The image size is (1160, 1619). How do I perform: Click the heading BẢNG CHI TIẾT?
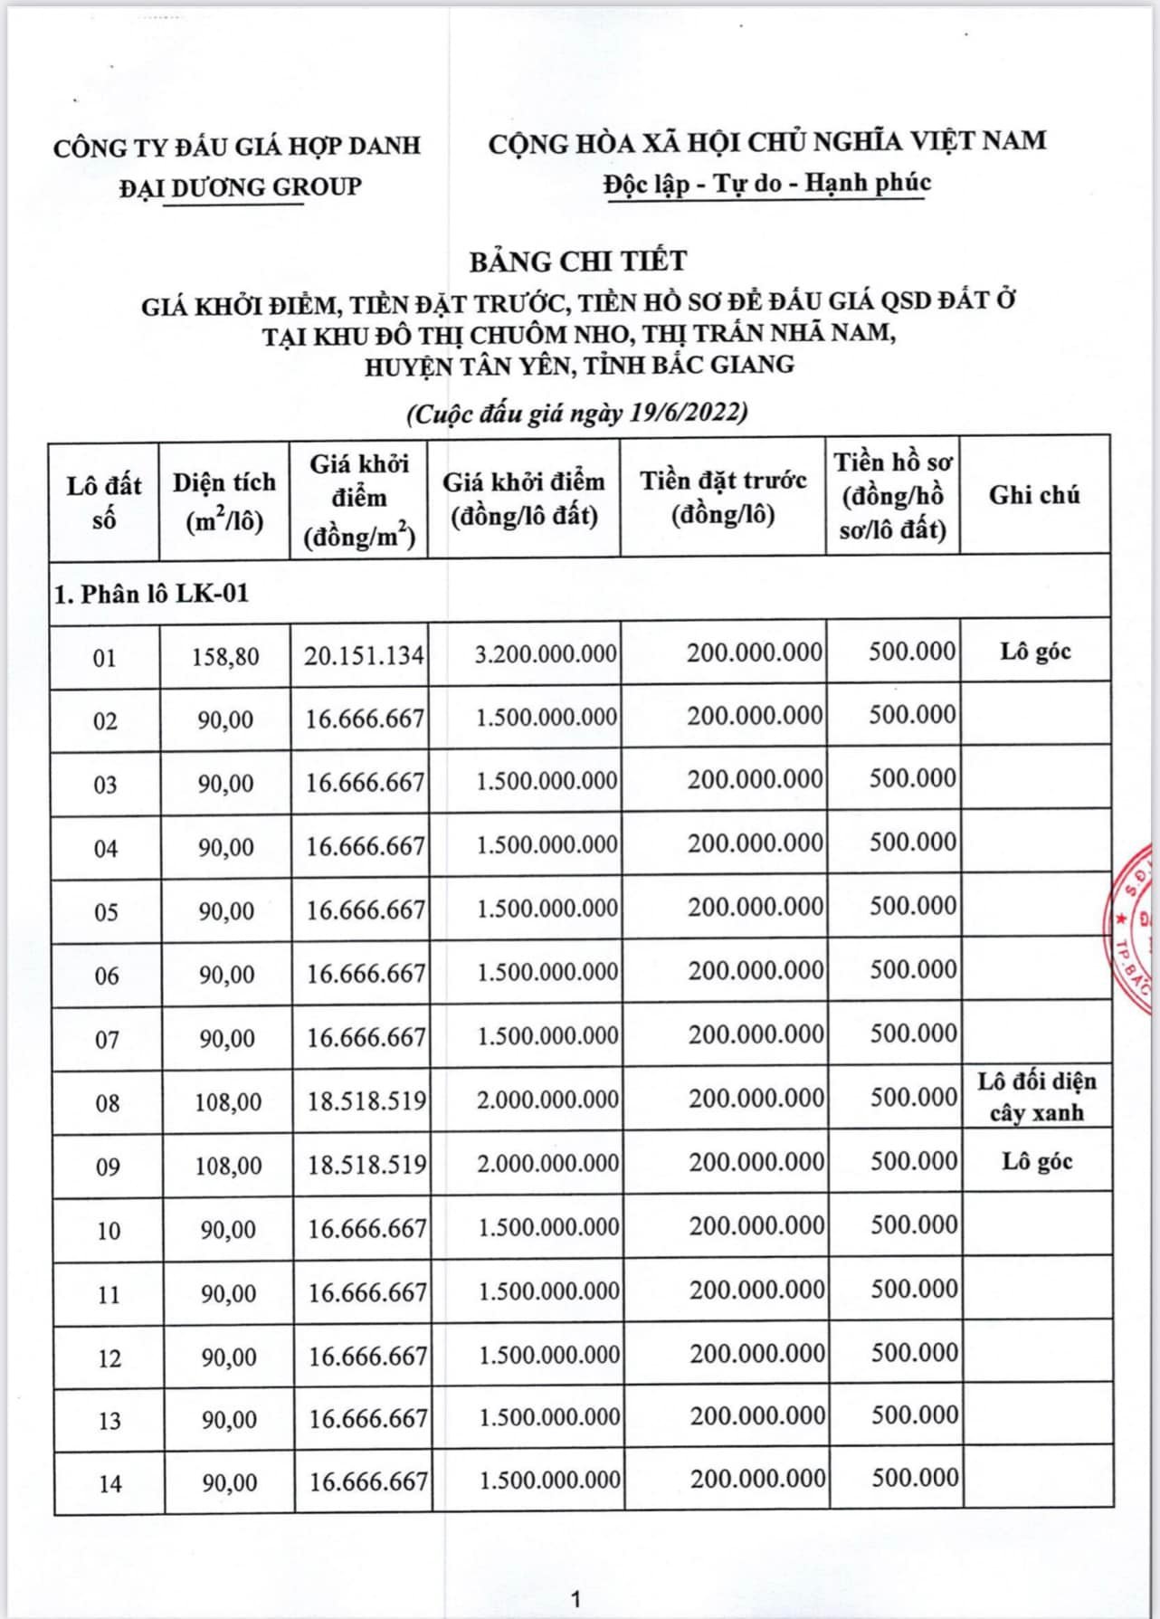[577, 262]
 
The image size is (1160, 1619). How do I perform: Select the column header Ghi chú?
[1033, 495]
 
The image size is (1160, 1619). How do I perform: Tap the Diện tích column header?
[224, 500]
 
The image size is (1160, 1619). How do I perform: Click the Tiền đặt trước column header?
[723, 497]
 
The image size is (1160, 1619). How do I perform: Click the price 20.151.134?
[364, 655]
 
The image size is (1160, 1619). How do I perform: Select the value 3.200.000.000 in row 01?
[546, 653]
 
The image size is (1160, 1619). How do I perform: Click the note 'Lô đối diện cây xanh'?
[1036, 1097]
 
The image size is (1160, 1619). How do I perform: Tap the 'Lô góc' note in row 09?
[1037, 1161]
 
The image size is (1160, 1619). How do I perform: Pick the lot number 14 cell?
[109, 1483]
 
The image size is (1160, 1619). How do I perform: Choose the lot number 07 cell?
[107, 1039]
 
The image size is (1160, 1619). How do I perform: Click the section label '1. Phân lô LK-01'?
[151, 594]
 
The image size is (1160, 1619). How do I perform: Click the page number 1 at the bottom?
[575, 1599]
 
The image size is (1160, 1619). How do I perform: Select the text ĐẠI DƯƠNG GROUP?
[240, 187]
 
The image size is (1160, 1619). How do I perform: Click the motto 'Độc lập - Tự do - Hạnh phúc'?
[767, 183]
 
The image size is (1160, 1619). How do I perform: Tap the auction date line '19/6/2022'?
[577, 414]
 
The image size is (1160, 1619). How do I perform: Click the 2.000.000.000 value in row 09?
[547, 1163]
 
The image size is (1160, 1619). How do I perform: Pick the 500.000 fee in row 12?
[914, 1353]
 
